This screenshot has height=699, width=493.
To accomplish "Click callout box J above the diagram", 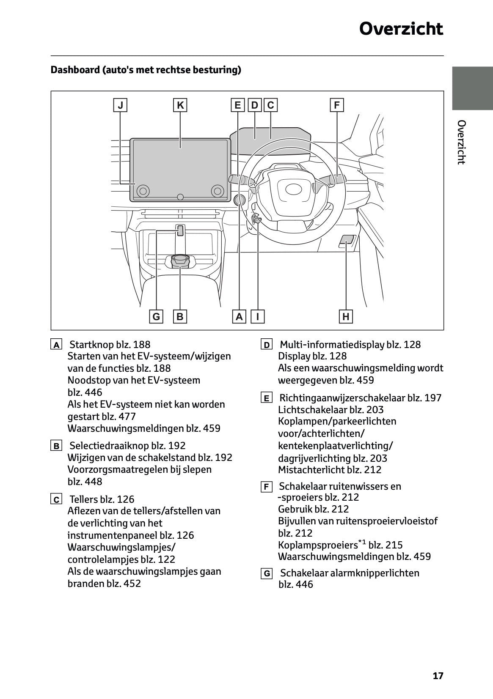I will tap(121, 105).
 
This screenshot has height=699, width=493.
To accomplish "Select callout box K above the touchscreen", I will tap(180, 105).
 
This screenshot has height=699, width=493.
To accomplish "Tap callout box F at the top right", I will tap(336, 105).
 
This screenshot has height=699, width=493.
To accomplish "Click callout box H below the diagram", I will tap(346, 316).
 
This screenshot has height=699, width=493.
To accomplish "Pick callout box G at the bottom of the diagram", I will tap(156, 316).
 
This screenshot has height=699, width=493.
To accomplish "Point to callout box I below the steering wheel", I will tap(257, 316).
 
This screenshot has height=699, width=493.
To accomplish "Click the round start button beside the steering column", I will tap(240, 200).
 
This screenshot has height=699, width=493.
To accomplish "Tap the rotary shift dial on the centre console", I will tap(180, 261).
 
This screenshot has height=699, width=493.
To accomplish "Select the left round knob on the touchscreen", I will tap(143, 191).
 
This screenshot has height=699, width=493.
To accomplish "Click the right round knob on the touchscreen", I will tap(218, 191).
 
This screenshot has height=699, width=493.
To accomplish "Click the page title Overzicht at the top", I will tap(401, 29).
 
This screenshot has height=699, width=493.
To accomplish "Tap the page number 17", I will tap(438, 676).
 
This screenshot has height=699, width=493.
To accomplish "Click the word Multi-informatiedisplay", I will tap(332, 345).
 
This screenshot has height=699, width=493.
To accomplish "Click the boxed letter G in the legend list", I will tap(267, 574).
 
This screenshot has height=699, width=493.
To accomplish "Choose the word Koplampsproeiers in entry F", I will tap(317, 545).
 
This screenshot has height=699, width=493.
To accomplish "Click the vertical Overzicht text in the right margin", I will tap(462, 142).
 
